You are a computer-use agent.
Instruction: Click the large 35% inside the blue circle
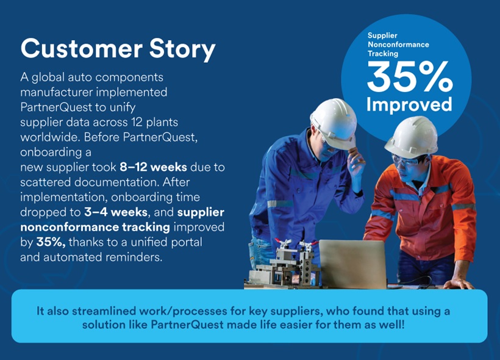pos(409,78)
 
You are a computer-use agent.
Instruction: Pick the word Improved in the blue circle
pos(409,104)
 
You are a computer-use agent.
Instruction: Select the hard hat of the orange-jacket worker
pos(411,136)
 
